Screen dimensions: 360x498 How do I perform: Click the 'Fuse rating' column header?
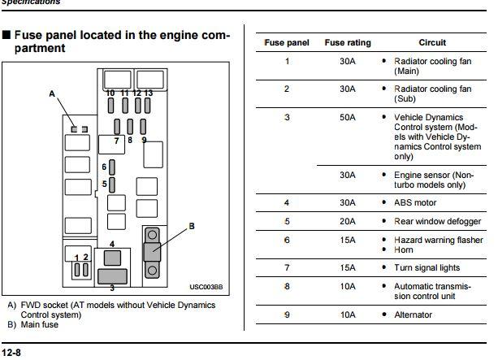pyautogui.click(x=346, y=42)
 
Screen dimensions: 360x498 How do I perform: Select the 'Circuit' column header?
pyautogui.click(x=431, y=42)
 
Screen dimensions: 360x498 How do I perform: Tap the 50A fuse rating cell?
pyautogui.click(x=347, y=118)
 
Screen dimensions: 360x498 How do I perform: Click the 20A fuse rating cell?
pyautogui.click(x=347, y=221)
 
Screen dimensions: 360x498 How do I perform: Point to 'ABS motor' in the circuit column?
pyautogui.click(x=418, y=202)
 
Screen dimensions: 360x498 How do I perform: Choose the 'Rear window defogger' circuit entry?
pyautogui.click(x=438, y=221)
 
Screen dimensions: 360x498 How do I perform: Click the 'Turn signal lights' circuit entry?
pyautogui.click(x=427, y=267)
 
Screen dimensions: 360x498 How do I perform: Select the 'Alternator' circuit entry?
pyautogui.click(x=413, y=314)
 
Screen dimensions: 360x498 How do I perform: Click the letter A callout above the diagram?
pyautogui.click(x=52, y=93)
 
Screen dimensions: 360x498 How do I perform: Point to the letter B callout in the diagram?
pyautogui.click(x=192, y=225)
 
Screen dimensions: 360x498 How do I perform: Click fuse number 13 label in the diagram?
pyautogui.click(x=148, y=93)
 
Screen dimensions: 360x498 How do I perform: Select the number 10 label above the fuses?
pyautogui.click(x=110, y=93)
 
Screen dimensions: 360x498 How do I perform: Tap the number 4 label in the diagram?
pyautogui.click(x=111, y=244)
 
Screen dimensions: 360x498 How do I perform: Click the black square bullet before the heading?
pyautogui.click(x=6, y=37)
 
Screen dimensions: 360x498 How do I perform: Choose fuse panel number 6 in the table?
pyautogui.click(x=287, y=240)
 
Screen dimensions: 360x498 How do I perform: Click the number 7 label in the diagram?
pyautogui.click(x=116, y=141)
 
